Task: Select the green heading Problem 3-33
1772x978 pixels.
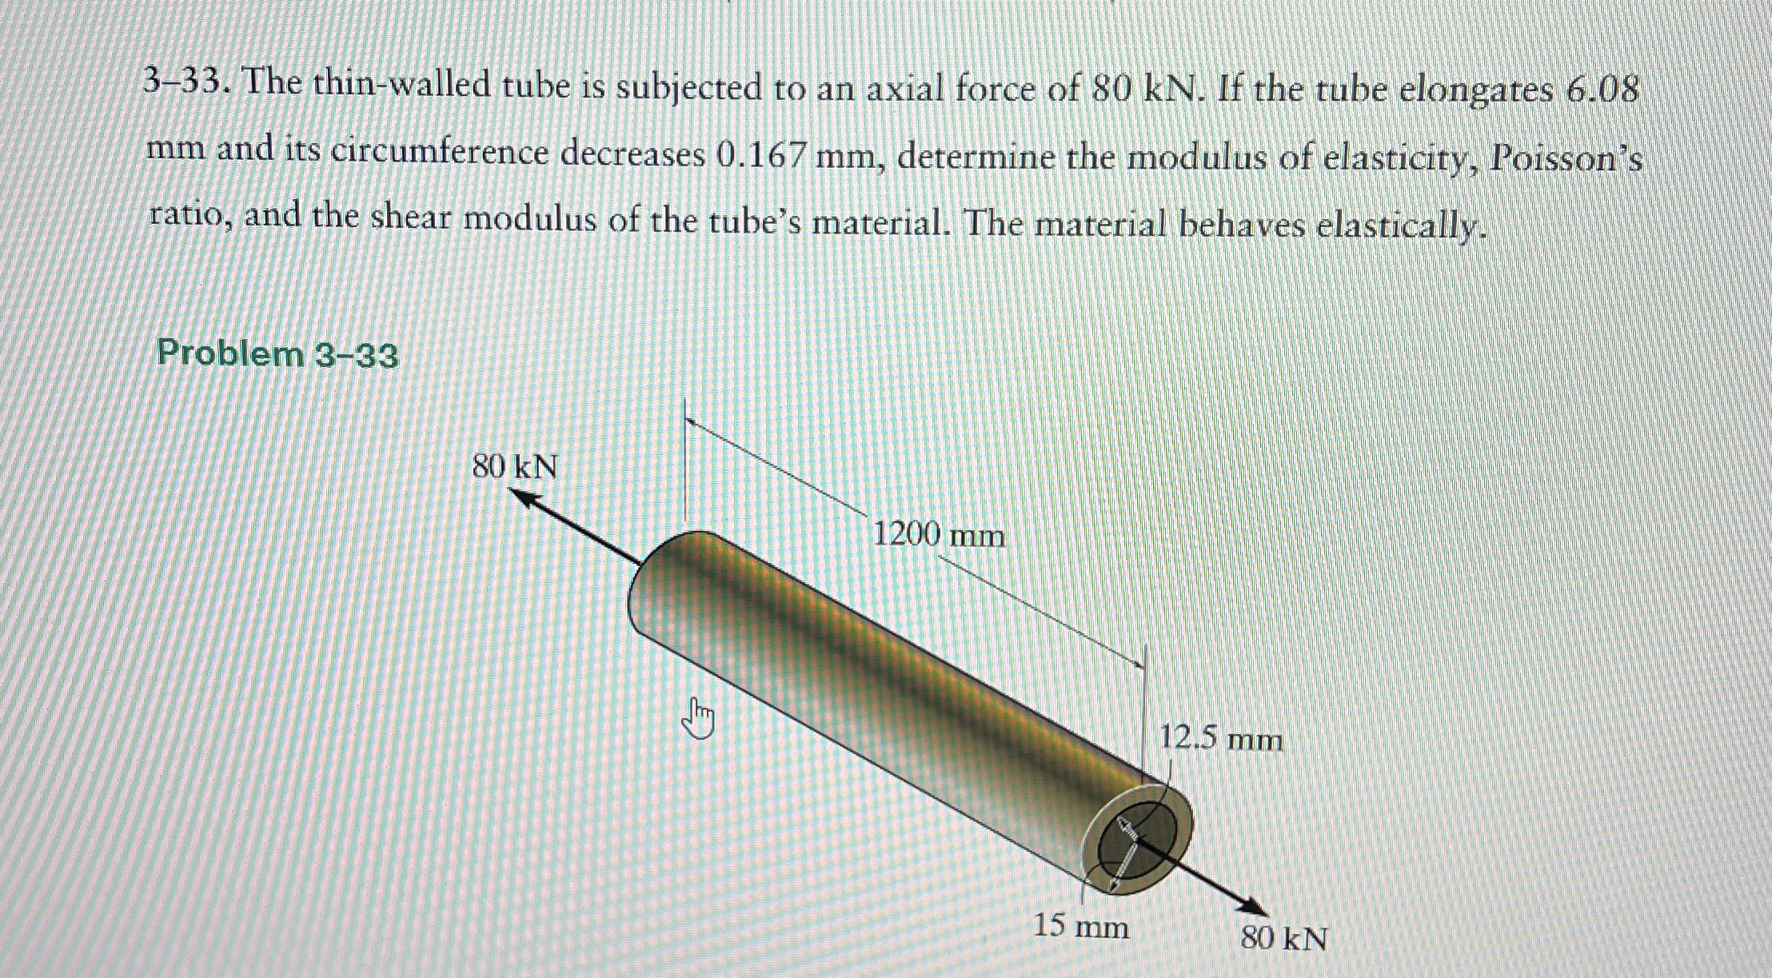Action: coord(277,353)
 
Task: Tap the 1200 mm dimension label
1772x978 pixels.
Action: coord(937,533)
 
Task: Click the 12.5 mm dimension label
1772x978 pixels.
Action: coord(1220,739)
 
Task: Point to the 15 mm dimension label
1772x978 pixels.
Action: coord(1081,927)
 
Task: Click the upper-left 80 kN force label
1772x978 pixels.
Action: coord(514,466)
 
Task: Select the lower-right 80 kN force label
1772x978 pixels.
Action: coord(1283,938)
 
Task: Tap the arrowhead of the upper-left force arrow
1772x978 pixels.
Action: coord(524,498)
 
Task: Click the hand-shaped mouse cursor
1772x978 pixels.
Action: coord(698,719)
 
